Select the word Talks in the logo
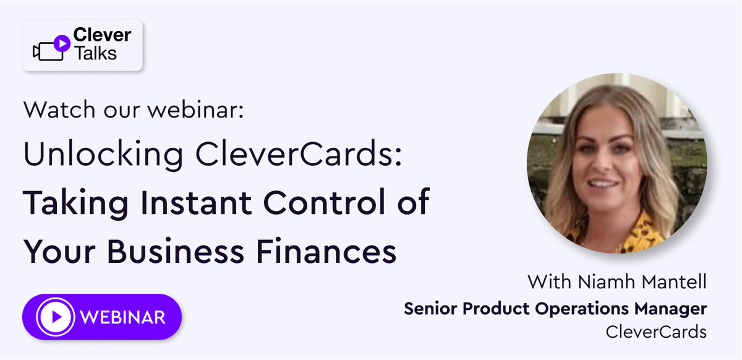pos(96,53)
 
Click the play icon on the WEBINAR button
pos(56,317)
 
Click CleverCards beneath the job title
pos(656,332)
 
